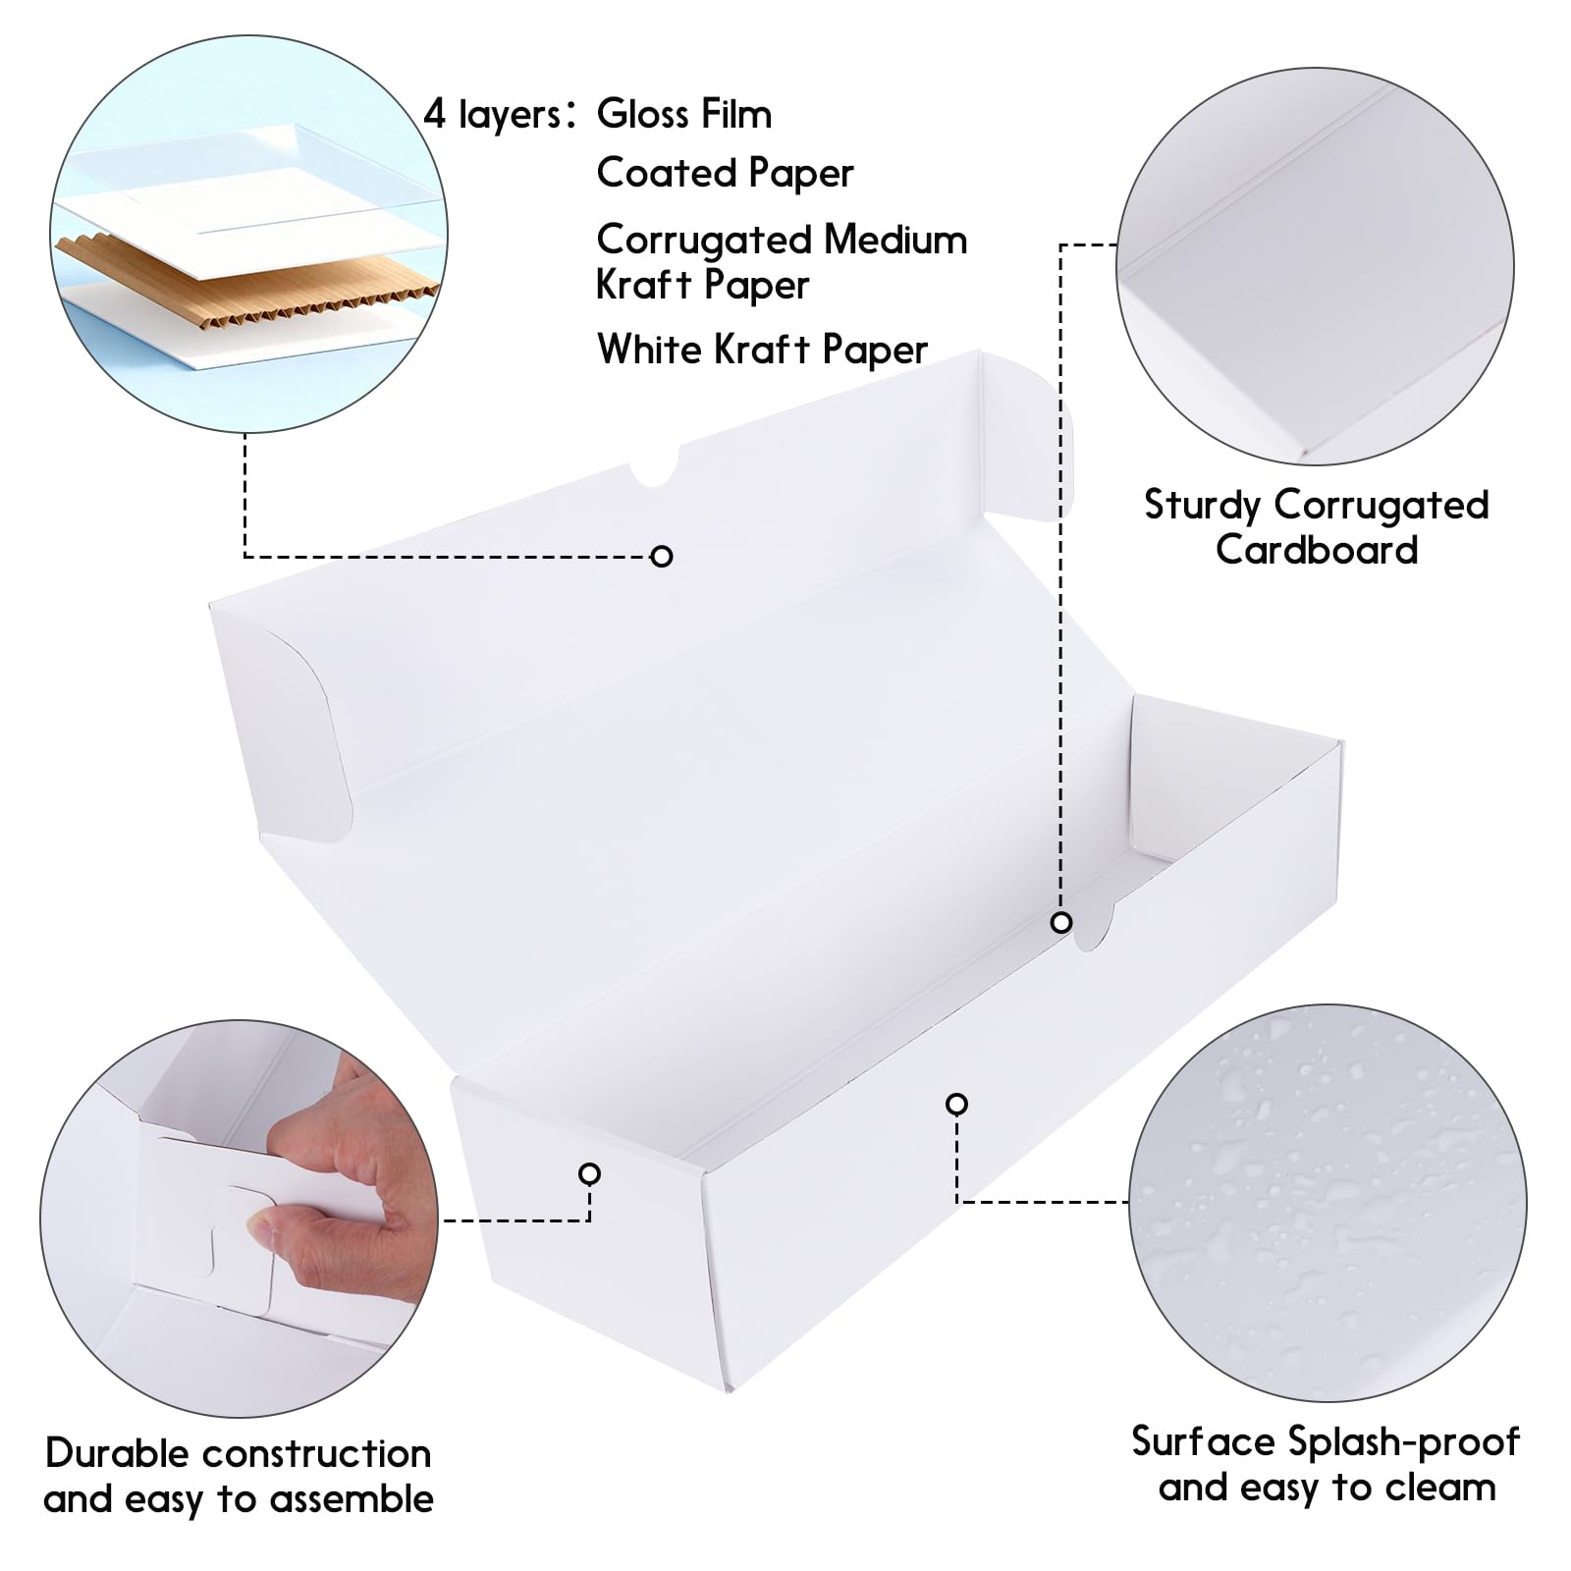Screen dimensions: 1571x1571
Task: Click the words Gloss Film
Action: [x=684, y=114]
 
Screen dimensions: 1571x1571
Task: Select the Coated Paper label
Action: [x=725, y=174]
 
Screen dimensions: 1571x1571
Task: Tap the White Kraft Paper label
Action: [x=762, y=350]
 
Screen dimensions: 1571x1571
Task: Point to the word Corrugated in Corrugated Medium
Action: [x=704, y=241]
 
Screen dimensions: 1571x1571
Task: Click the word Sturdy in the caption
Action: [x=1202, y=506]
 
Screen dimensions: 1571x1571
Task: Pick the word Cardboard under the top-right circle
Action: [x=1317, y=549]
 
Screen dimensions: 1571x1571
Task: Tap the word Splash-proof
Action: [x=1403, y=1442]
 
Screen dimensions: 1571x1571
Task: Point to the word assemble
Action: [x=352, y=1499]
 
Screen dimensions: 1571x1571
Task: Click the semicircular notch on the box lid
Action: [x=654, y=469]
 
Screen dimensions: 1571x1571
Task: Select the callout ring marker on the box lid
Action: [x=662, y=557]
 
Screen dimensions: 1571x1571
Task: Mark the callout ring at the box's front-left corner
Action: [x=589, y=1173]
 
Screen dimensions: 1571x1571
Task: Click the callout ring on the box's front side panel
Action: [x=956, y=1105]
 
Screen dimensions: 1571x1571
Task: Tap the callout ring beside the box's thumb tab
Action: [x=1060, y=923]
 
